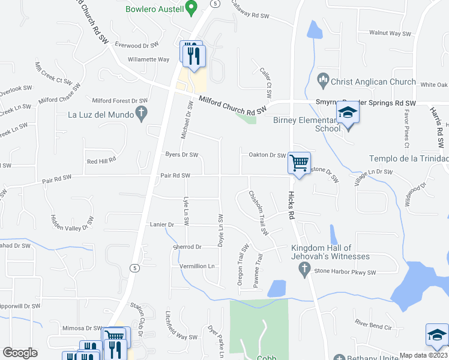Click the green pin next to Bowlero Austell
click(x=191, y=8)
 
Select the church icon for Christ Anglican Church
click(x=323, y=80)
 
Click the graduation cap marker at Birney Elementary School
click(x=347, y=113)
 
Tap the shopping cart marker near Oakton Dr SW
click(x=299, y=162)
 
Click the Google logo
click(x=19, y=353)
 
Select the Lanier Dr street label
click(x=161, y=224)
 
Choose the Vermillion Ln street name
click(x=197, y=266)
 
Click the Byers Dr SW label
click(x=181, y=155)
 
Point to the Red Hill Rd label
click(x=101, y=161)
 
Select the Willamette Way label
click(x=148, y=59)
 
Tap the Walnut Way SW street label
click(x=390, y=33)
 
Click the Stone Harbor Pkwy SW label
click(x=345, y=272)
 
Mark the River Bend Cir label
click(x=373, y=328)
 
